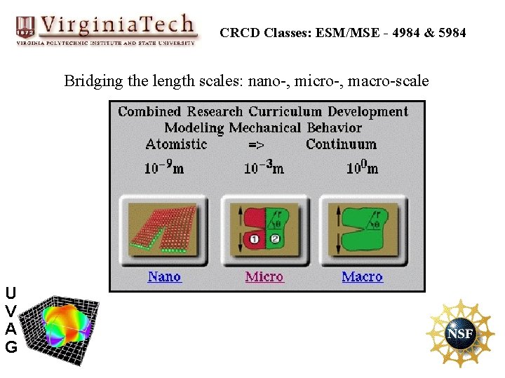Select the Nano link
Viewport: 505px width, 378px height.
[164, 276]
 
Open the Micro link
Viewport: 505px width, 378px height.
[264, 276]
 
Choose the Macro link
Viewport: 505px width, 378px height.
[362, 276]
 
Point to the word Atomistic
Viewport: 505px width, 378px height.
[176, 144]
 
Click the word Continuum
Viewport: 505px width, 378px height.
[341, 144]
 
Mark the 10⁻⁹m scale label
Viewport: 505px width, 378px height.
[164, 167]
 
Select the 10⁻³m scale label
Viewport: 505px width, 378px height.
[264, 167]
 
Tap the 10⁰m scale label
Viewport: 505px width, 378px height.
[362, 167]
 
